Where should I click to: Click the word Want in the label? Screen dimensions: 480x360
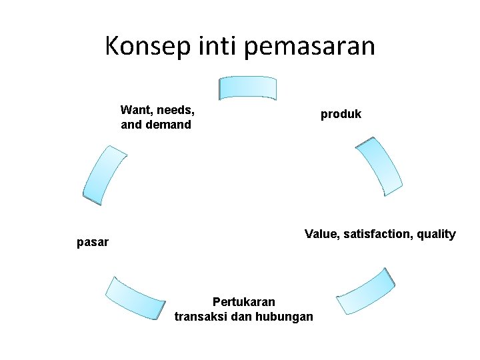[135, 109]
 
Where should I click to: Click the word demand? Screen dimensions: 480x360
[167, 125]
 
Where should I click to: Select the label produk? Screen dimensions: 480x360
[341, 114]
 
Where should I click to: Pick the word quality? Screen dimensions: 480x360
[435, 234]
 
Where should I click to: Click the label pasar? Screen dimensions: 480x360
[93, 242]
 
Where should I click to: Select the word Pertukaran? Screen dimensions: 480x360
[243, 302]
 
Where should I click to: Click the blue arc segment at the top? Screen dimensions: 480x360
[248, 87]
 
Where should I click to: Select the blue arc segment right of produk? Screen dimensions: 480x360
[378, 166]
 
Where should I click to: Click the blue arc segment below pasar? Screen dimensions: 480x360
[135, 298]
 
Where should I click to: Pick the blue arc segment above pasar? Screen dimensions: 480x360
[104, 175]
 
